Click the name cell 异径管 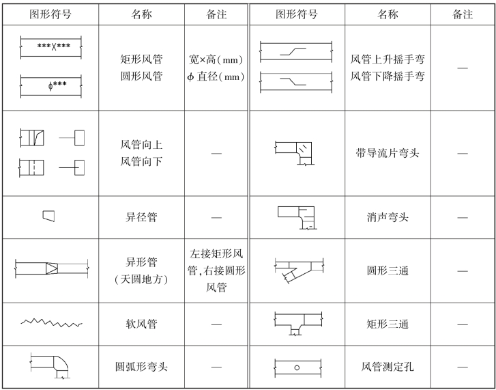pyautogui.click(x=141, y=217)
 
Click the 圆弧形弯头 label pyautogui.click(x=141, y=367)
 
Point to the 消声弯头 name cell pyautogui.click(x=388, y=217)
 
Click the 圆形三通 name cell pyautogui.click(x=388, y=270)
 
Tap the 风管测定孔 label pyautogui.click(x=388, y=367)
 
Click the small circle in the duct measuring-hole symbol pyautogui.click(x=297, y=367)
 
